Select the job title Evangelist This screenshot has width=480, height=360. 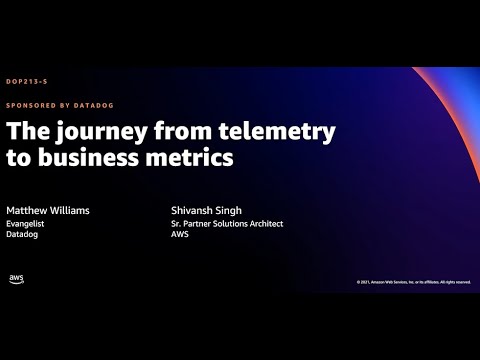pos(26,224)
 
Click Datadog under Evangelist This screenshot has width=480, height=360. pos(24,235)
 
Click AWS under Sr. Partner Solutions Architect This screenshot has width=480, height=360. pos(179,235)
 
